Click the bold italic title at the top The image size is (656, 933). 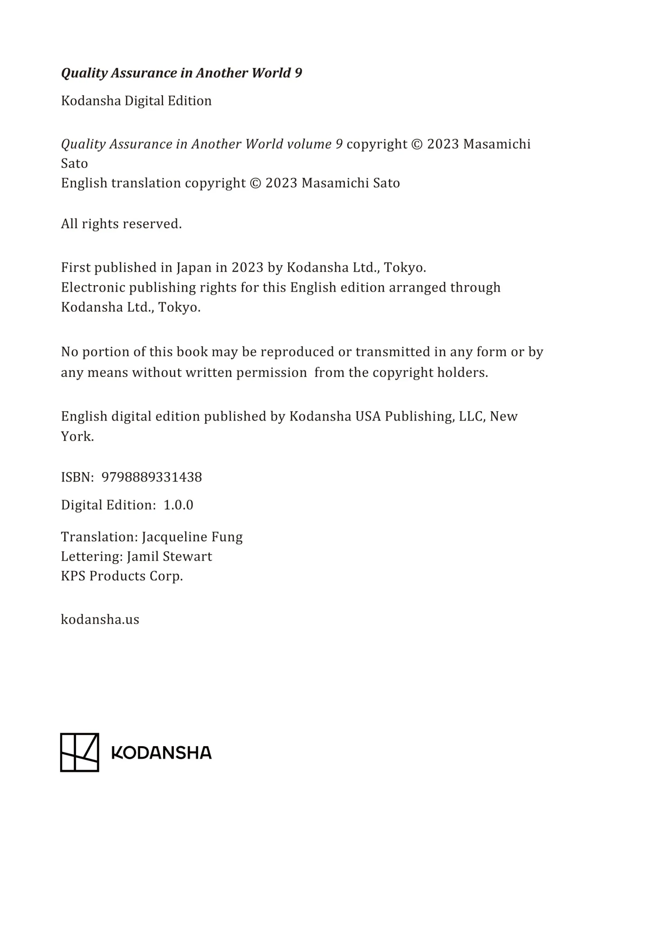[181, 73]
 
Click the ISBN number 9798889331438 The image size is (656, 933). [151, 477]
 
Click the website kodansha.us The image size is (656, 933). [100, 619]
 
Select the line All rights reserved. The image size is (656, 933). [121, 224]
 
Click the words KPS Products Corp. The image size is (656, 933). [122, 576]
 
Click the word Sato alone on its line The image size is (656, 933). [74, 163]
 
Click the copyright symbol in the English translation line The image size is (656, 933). [255, 183]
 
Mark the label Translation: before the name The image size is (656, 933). [100, 537]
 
